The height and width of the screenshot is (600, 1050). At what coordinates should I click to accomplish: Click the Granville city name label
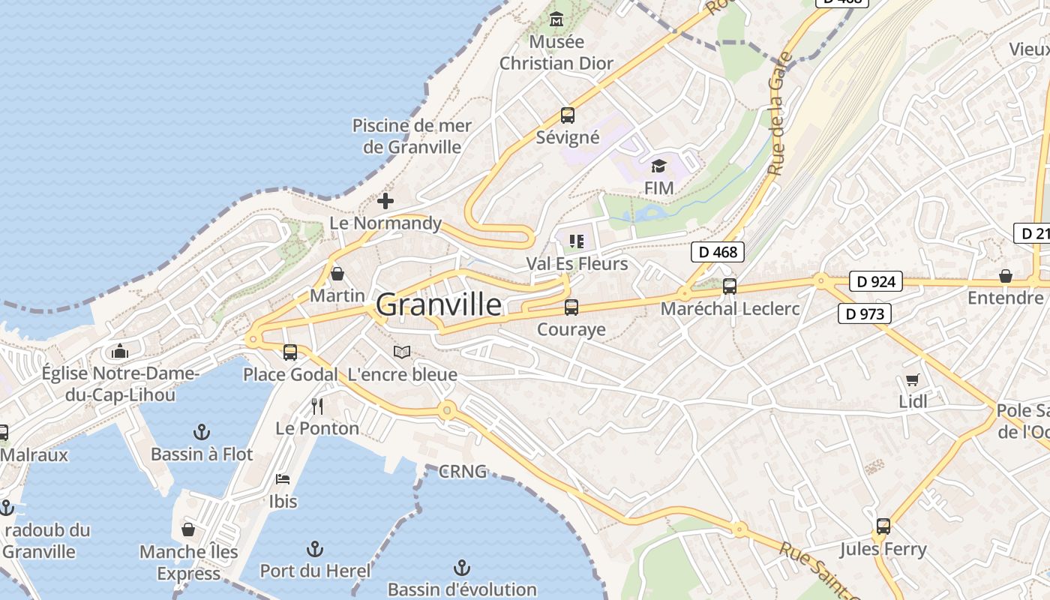coord(439,304)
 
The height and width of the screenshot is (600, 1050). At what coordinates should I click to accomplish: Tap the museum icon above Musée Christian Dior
coord(556,19)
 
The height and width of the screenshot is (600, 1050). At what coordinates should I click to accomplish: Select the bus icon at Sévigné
coord(568,115)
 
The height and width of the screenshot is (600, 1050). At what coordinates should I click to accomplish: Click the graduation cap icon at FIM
coord(658,166)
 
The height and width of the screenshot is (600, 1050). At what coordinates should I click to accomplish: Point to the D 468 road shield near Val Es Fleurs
coord(718,252)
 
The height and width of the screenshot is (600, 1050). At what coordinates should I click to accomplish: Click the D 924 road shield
coord(875,282)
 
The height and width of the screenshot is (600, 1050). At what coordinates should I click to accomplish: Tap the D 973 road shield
coord(865,313)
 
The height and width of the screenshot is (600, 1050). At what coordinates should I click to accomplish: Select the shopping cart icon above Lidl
coord(912,379)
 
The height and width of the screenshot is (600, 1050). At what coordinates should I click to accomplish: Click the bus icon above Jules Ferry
coord(883,526)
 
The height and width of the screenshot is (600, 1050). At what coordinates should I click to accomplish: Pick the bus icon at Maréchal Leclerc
coord(729,286)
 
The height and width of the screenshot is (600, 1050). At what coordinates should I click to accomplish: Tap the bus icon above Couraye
coord(571,307)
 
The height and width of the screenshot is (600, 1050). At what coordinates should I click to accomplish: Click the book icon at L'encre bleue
coord(402,352)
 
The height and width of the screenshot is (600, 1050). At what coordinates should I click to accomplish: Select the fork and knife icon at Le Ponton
coord(317,406)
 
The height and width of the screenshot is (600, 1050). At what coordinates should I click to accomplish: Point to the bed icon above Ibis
coord(283,478)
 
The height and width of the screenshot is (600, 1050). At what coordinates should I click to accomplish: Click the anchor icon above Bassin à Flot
coord(201,431)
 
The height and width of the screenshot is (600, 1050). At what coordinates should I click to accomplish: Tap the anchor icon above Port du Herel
coord(315,549)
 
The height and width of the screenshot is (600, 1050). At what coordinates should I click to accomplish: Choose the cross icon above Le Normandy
coord(385,201)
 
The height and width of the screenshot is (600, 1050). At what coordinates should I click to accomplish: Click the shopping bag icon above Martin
coord(337,273)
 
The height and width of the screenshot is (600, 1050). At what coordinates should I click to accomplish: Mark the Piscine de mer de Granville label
coord(412,136)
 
